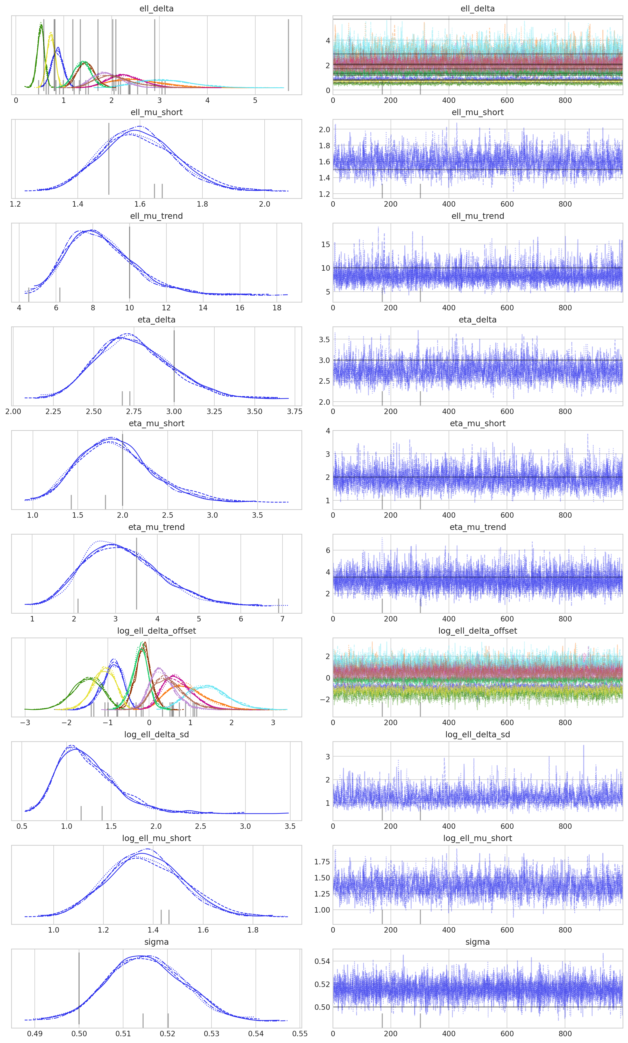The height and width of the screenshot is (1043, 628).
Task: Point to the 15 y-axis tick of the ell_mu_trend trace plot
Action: (326, 244)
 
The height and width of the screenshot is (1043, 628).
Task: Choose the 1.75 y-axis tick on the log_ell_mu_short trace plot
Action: (322, 862)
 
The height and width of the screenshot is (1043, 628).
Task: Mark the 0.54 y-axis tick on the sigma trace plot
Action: (322, 961)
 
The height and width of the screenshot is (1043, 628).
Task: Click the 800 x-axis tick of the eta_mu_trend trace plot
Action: (565, 619)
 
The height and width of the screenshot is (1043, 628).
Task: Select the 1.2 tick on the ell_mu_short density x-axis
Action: (15, 204)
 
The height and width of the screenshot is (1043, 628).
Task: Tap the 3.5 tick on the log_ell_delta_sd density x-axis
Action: (290, 826)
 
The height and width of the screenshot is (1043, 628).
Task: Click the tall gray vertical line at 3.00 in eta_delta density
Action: (174, 366)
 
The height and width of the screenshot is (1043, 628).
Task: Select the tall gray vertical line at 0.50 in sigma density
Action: (79, 988)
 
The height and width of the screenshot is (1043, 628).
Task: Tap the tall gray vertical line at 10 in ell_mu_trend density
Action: (130, 262)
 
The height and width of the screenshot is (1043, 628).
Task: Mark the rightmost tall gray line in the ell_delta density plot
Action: (289, 55)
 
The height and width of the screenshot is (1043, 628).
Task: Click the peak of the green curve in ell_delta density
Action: (41, 25)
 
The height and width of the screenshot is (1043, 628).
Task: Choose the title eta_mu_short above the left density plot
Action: (157, 423)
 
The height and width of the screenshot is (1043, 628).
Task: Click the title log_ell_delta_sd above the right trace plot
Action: (477, 734)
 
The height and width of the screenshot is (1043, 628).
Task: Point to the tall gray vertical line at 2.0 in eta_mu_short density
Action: (123, 470)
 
